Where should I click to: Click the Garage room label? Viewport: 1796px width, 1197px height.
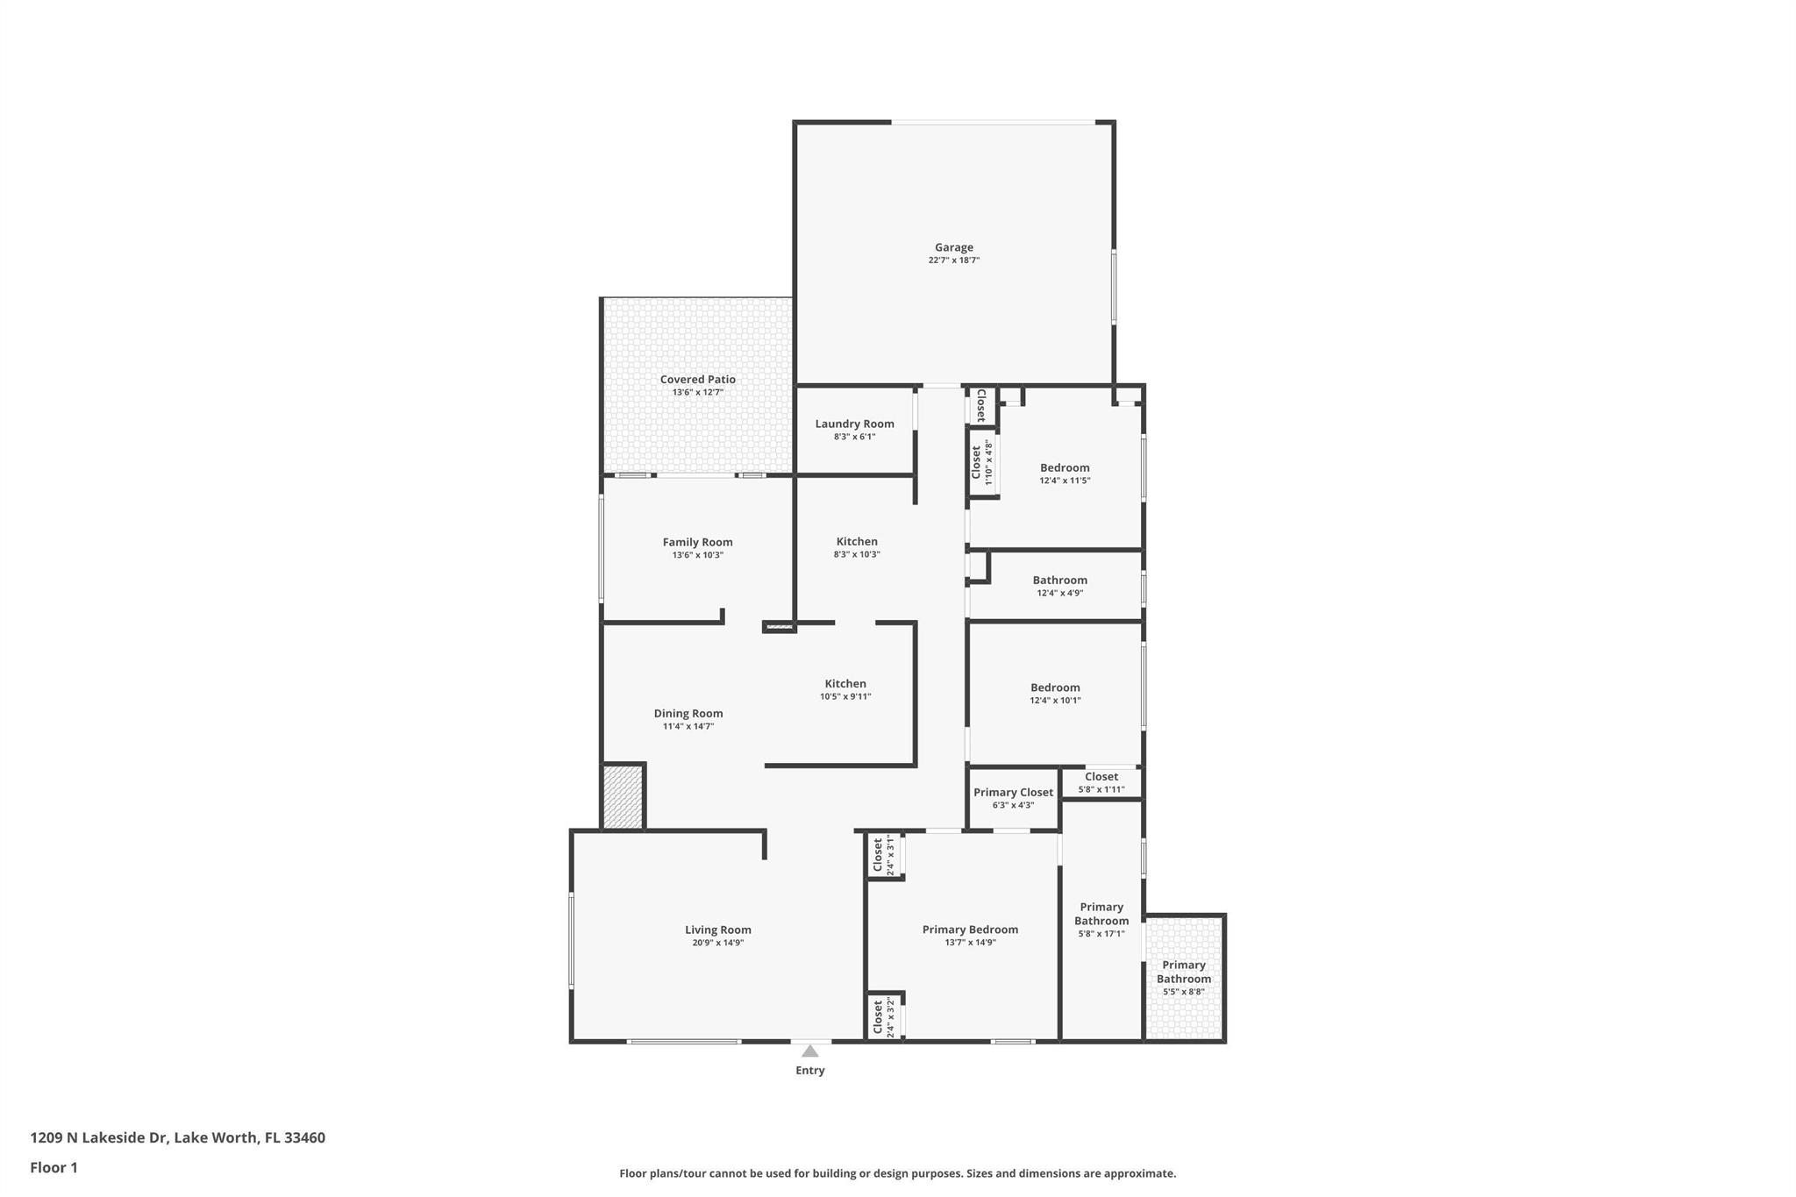[953, 247]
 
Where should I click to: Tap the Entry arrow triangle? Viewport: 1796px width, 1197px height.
[810, 1051]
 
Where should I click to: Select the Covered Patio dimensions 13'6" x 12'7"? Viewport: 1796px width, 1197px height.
[697, 393]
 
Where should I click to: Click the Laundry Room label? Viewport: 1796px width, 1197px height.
[854, 424]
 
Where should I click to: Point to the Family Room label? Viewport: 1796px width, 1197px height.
[697, 542]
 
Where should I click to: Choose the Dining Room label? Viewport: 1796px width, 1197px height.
[688, 713]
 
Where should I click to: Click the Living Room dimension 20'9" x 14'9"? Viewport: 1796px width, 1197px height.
[717, 943]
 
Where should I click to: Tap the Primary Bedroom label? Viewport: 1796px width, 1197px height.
[970, 930]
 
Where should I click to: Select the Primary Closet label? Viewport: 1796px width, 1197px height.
[1013, 792]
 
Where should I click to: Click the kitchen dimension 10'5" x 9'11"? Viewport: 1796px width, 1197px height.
[845, 696]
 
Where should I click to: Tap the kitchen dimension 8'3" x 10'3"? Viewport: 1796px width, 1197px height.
[856, 554]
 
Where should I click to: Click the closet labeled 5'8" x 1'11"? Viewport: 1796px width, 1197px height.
[1101, 782]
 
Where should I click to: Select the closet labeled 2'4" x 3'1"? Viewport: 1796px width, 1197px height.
[883, 856]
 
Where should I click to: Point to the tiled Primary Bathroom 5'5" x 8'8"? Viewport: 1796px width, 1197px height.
[1183, 977]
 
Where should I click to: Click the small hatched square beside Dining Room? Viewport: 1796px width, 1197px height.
[624, 796]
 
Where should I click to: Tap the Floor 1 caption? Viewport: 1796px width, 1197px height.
[53, 1167]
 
